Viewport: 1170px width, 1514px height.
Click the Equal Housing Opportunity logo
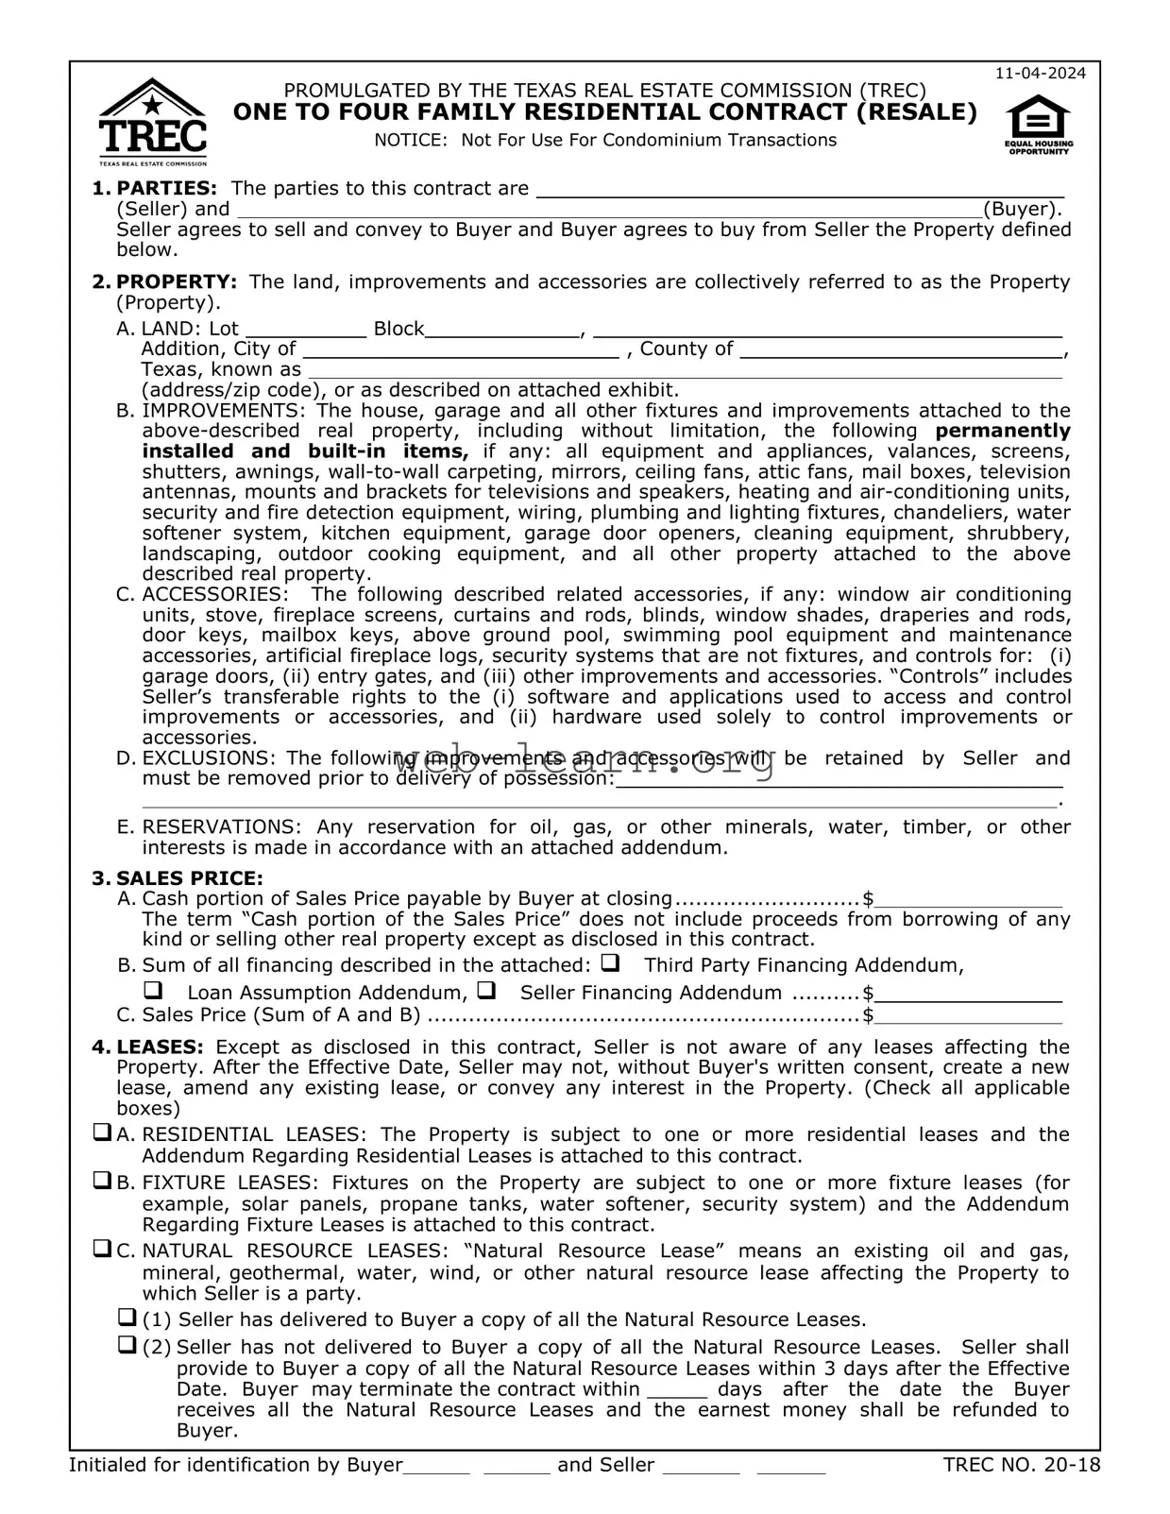tap(1038, 126)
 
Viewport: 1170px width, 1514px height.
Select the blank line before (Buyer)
tap(609, 210)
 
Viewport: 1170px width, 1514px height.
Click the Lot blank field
tap(305, 329)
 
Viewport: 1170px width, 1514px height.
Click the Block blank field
tap(502, 329)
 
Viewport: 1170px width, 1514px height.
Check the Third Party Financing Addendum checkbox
tap(610, 964)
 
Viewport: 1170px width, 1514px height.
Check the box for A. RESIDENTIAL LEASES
tap(102, 1132)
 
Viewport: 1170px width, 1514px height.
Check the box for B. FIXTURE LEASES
tap(102, 1181)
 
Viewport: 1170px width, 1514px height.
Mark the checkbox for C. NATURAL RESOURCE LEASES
tap(102, 1249)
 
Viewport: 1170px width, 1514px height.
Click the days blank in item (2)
tap(677, 1390)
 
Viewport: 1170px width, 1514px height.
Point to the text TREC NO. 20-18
tap(1021, 1465)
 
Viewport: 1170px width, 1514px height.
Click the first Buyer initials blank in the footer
tap(436, 1466)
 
